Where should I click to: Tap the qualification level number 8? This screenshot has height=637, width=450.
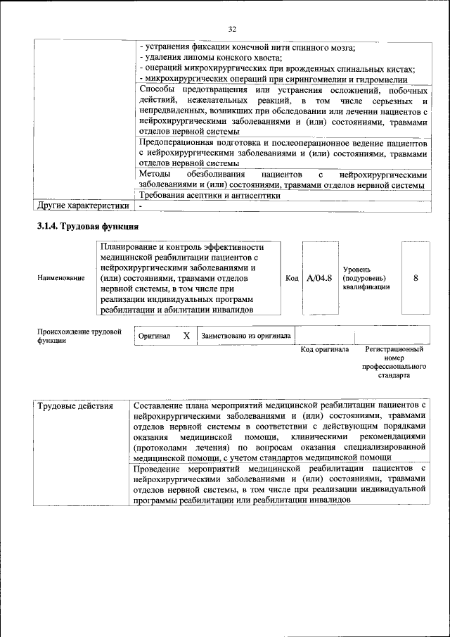point(416,278)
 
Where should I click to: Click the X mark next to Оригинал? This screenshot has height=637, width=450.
point(186,336)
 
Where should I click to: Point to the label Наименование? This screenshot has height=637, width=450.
point(60,279)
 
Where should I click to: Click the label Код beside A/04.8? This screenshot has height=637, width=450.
point(292,278)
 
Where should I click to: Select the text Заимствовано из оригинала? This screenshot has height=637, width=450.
point(246,336)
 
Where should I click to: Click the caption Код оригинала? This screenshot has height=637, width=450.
point(325,349)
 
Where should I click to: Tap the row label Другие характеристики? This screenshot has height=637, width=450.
point(82,206)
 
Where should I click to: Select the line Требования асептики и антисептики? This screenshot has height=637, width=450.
point(210,196)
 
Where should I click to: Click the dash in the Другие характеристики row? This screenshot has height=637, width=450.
point(141,206)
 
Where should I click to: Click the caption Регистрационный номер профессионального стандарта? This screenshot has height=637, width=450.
point(394,362)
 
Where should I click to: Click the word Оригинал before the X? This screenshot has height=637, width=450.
point(154,336)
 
